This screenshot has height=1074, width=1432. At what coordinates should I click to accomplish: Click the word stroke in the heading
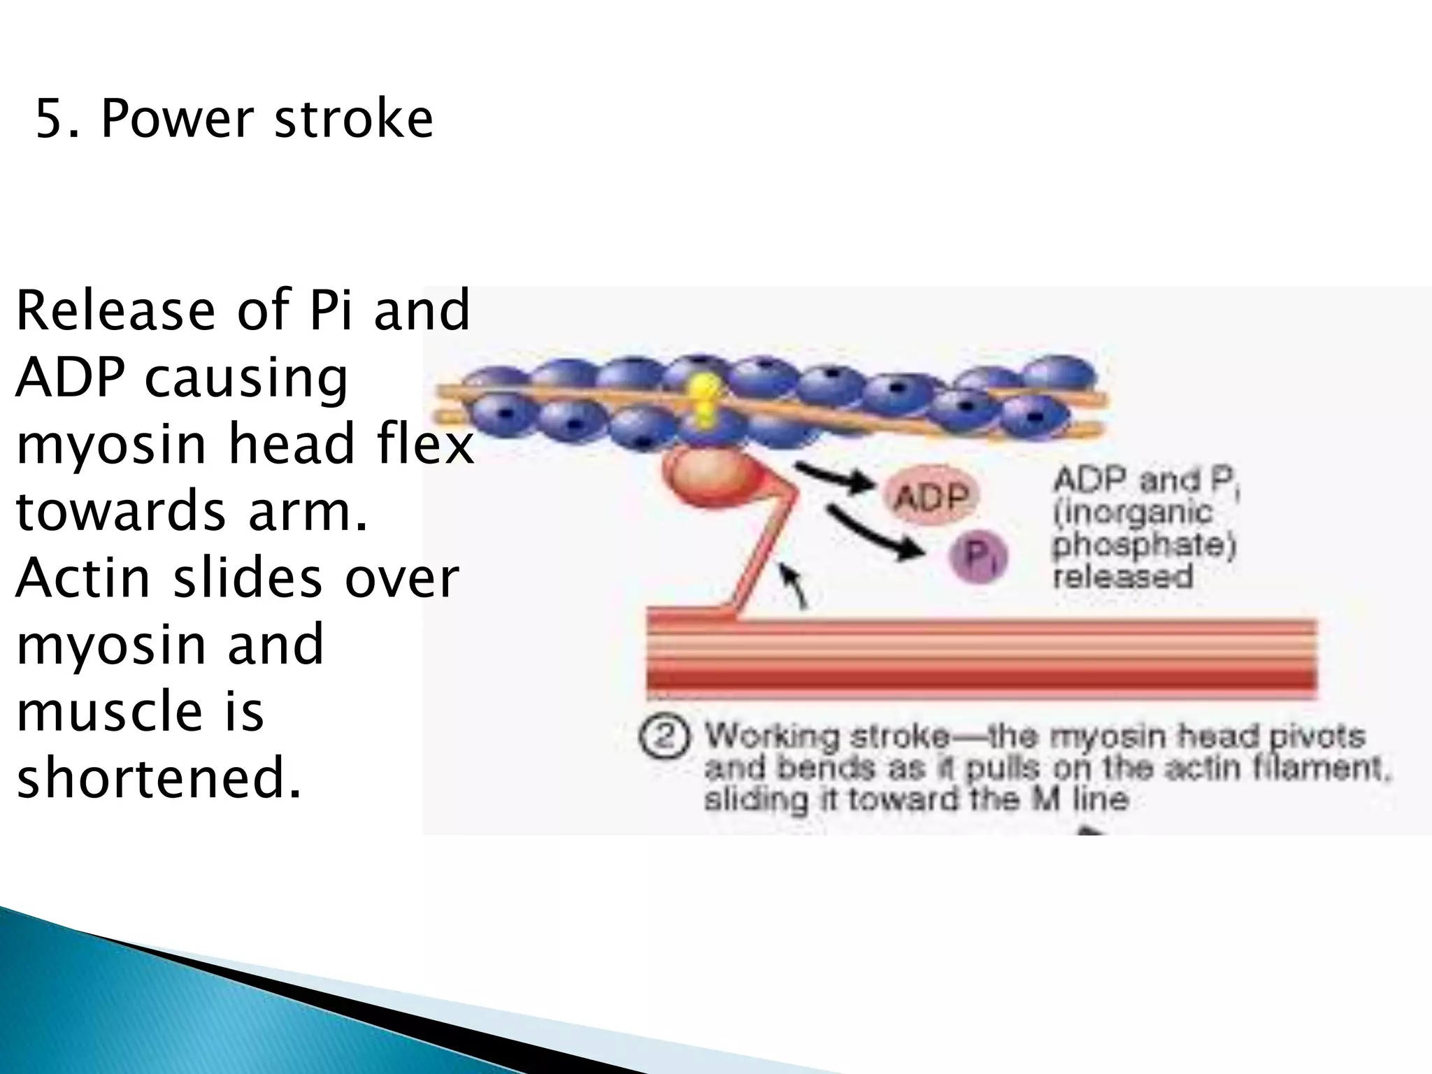click(353, 119)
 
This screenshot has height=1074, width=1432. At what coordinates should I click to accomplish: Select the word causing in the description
click(245, 378)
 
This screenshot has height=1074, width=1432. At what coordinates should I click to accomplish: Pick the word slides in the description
click(251, 579)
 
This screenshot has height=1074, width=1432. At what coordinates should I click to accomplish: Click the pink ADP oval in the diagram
click(932, 498)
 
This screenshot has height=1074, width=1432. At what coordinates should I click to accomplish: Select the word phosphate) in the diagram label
click(1144, 546)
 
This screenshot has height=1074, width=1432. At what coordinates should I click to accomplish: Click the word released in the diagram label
click(1123, 578)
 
